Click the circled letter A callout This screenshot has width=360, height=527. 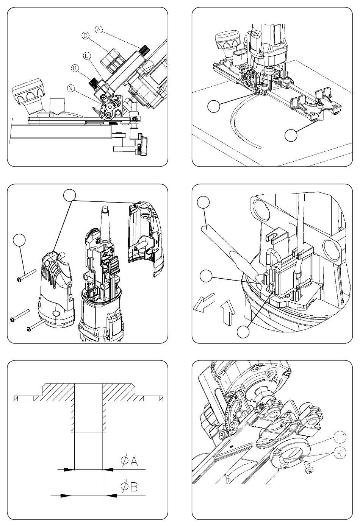99,30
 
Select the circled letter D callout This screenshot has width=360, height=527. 85,36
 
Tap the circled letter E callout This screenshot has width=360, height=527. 87,56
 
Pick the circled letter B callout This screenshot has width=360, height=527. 75,68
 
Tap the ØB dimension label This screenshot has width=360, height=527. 129,486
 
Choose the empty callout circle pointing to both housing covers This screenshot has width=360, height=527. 70,195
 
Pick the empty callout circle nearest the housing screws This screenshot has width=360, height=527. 19,240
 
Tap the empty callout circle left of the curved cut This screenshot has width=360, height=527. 214,106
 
